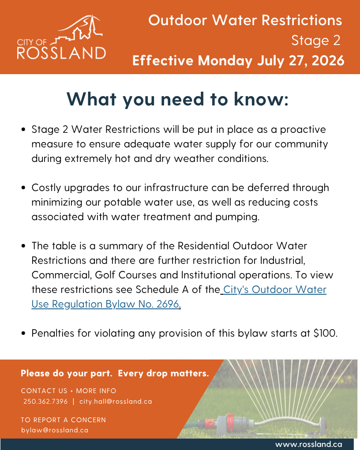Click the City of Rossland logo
pyautogui.click(x=61, y=37)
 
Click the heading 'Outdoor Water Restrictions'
pyautogui.click(x=245, y=20)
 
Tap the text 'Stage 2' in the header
pyautogui.click(x=316, y=41)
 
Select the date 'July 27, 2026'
pyautogui.click(x=300, y=60)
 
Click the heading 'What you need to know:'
pyautogui.click(x=177, y=99)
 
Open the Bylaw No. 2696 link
pyautogui.click(x=179, y=297)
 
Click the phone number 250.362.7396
pyautogui.click(x=45, y=401)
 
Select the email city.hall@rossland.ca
pyautogui.click(x=116, y=401)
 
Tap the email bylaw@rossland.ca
pyautogui.click(x=55, y=430)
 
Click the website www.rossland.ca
pyautogui.click(x=309, y=445)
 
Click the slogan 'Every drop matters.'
pyautogui.click(x=163, y=373)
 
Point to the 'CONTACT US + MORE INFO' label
pyautogui.click(x=69, y=391)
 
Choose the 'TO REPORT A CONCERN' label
pyautogui.click(x=64, y=420)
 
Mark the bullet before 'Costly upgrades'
pyautogui.click(x=23, y=188)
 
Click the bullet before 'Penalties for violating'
pyautogui.click(x=23, y=334)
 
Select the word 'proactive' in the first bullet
pyautogui.click(x=303, y=130)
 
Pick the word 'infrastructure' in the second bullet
pyautogui.click(x=176, y=187)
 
